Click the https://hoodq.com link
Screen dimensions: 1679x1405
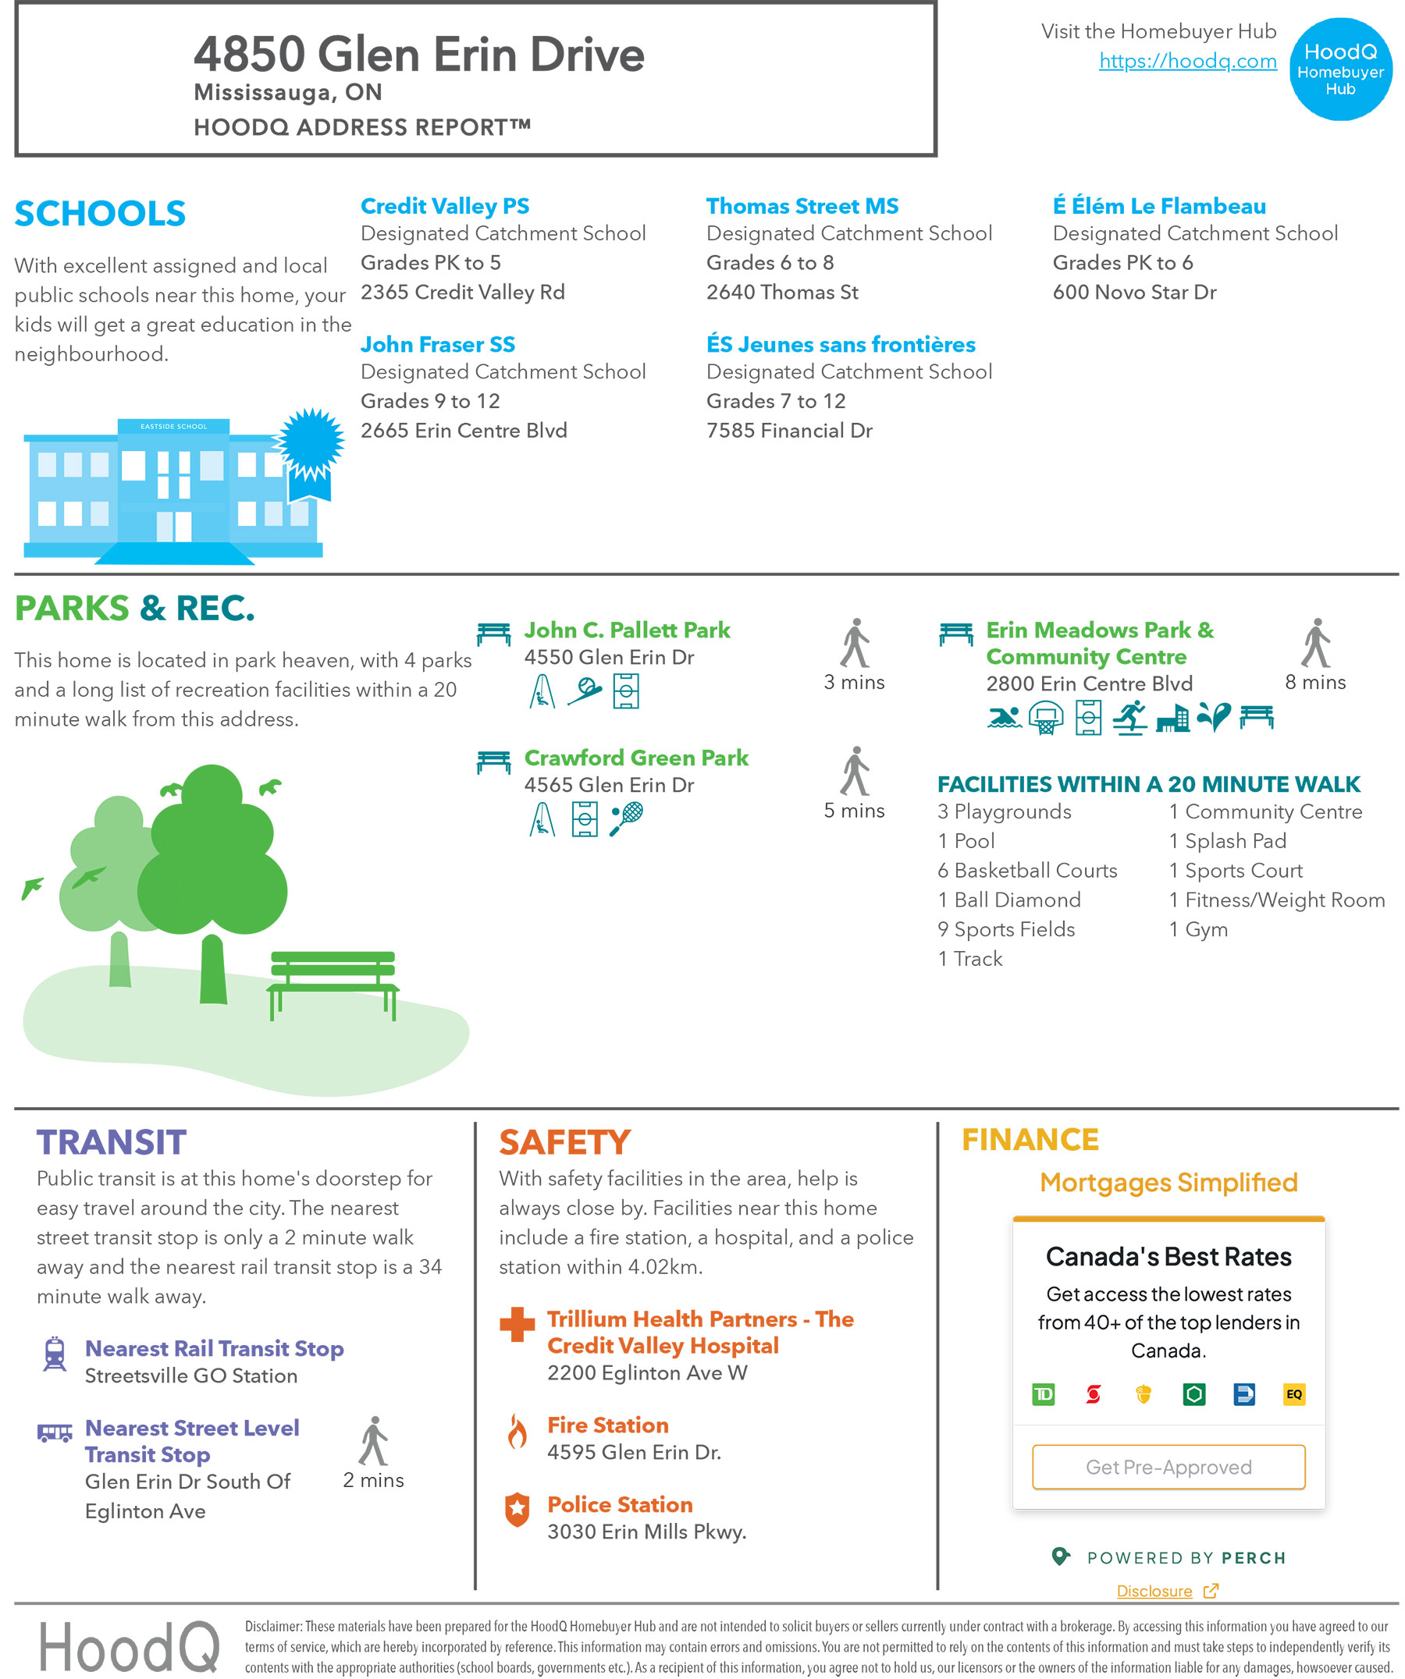pos(1186,61)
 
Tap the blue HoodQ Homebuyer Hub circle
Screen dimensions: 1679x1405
pos(1339,69)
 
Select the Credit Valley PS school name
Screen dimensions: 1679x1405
pos(445,206)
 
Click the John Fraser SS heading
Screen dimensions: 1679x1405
pos(437,345)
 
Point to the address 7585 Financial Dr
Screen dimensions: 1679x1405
pos(788,431)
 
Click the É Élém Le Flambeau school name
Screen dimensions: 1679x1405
pos(1158,206)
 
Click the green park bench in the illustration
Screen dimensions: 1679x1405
pos(333,980)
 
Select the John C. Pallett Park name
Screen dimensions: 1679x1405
pos(627,630)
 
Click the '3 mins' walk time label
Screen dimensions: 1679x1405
pos(854,682)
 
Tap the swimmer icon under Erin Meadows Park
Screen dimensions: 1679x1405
pos(1004,717)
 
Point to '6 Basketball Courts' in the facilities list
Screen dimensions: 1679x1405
pos(1026,870)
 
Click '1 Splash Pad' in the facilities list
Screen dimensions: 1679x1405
pos(1227,840)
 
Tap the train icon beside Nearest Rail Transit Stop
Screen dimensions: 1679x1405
pos(55,1354)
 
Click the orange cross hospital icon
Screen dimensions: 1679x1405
pos(517,1324)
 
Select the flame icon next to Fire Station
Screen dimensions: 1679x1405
pos(518,1431)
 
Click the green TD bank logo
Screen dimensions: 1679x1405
pos(1043,1394)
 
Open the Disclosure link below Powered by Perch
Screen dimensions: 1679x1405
pos(1154,1591)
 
